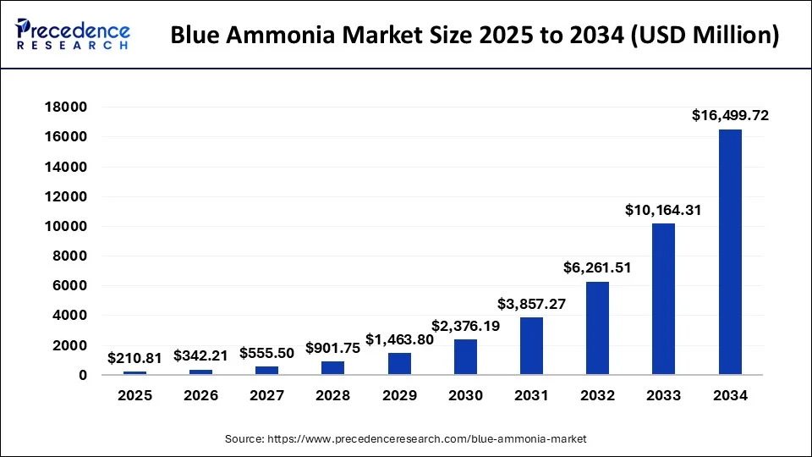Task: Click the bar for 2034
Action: (x=730, y=251)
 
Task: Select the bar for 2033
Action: (x=664, y=299)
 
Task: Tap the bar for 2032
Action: (x=597, y=328)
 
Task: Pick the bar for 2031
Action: (x=531, y=345)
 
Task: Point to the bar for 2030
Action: (x=465, y=356)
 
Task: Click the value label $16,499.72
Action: (x=730, y=116)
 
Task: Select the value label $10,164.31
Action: (x=664, y=209)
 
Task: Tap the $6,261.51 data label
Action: (x=598, y=267)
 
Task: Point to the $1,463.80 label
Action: (x=399, y=339)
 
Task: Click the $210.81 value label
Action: (x=134, y=358)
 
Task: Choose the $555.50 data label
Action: (x=267, y=353)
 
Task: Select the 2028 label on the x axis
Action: (x=332, y=395)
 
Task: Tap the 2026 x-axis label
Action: (x=200, y=395)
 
